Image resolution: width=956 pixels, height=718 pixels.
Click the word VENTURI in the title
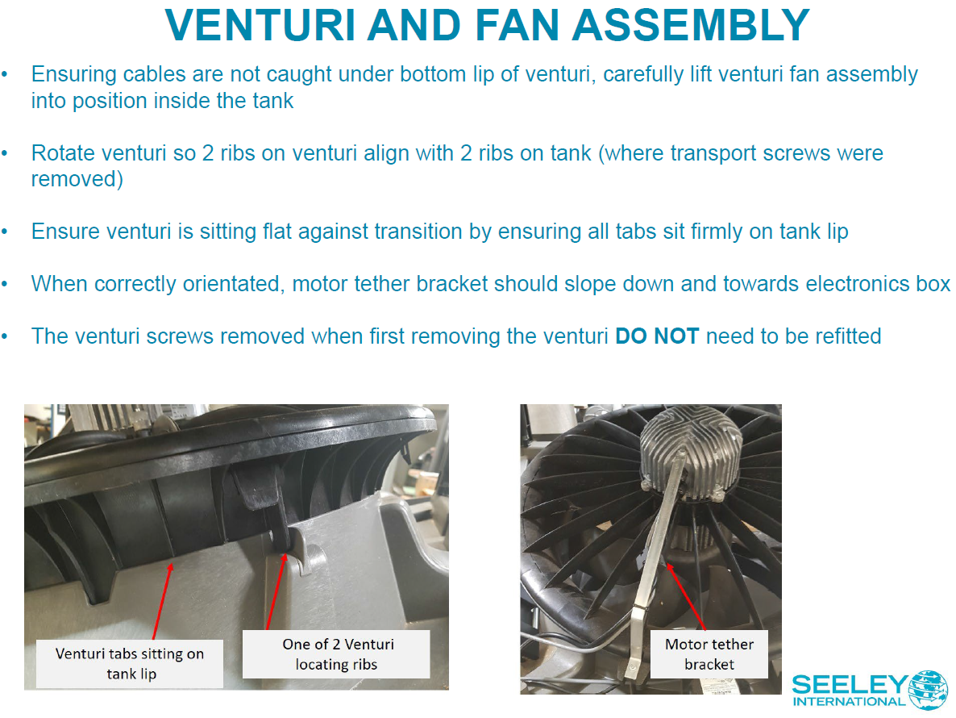(x=260, y=25)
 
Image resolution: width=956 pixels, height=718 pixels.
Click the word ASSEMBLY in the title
(x=690, y=25)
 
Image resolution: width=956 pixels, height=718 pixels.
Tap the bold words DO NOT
(x=657, y=336)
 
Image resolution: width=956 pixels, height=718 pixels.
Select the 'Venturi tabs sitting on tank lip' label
(x=130, y=664)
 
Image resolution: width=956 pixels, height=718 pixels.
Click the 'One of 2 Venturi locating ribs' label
(x=337, y=654)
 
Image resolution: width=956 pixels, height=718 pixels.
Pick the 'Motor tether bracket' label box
(x=709, y=654)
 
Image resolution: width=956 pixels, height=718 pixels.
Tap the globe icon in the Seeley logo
(x=928, y=690)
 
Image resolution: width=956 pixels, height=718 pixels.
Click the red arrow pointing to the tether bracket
(x=686, y=597)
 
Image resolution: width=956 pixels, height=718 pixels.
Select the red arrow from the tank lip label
(x=162, y=602)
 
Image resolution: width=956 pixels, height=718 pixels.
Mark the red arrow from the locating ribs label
(x=276, y=591)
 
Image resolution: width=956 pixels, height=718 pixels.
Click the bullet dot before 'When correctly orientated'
(x=5, y=284)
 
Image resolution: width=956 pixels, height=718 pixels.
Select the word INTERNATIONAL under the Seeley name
(x=850, y=702)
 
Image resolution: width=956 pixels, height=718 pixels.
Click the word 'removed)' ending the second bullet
(x=77, y=179)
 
